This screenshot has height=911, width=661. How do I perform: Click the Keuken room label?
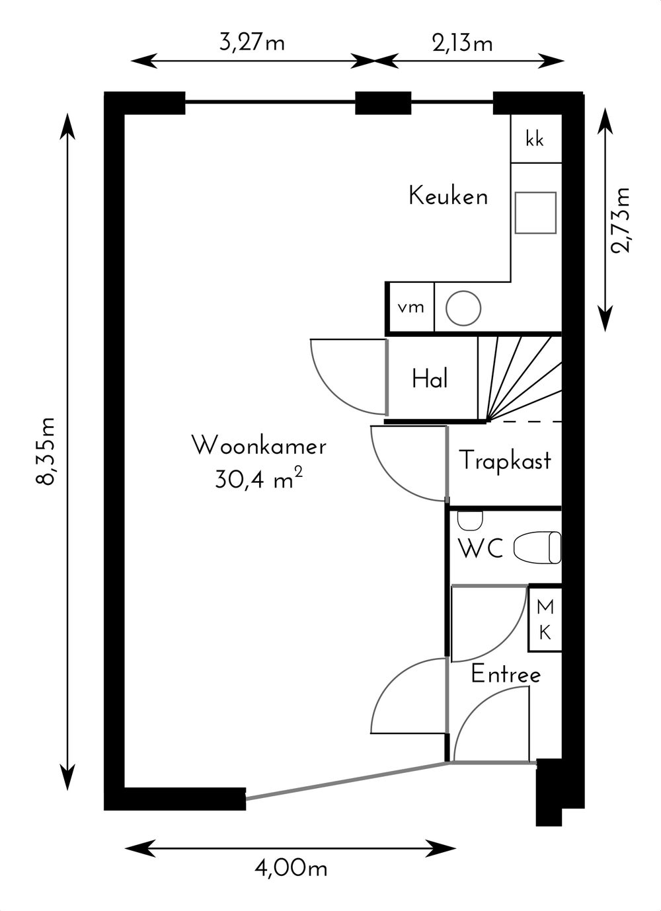[448, 196]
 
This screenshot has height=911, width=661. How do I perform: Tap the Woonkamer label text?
[259, 446]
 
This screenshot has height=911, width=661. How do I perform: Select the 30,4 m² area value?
[259, 480]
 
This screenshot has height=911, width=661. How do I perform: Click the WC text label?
[481, 548]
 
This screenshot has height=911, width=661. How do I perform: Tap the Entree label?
[506, 674]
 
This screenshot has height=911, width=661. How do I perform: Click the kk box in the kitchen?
[537, 139]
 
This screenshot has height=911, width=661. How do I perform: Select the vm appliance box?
[410, 307]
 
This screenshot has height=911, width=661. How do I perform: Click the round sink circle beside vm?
[463, 309]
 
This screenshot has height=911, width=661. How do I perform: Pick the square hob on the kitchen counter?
[535, 213]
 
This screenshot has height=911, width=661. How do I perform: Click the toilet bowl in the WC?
[537, 547]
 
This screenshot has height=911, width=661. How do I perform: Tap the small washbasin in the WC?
[470, 521]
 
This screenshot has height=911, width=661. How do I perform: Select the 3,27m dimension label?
[252, 42]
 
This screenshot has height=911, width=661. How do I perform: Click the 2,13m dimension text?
[462, 43]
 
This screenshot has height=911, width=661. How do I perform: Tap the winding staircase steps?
[520, 379]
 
